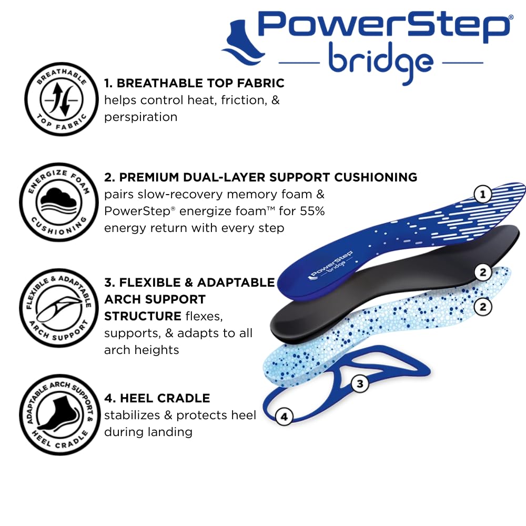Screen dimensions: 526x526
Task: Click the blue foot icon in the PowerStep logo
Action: (242, 43)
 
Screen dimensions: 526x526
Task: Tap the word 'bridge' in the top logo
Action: (380, 63)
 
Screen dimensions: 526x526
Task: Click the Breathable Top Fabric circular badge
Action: (62, 99)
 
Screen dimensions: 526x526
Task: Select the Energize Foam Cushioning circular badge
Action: (59, 203)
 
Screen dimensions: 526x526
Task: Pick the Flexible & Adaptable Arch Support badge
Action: (59, 308)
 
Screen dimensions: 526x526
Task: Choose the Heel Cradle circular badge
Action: (60, 414)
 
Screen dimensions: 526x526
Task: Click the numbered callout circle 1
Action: (483, 194)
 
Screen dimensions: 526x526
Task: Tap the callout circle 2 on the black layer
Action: (483, 272)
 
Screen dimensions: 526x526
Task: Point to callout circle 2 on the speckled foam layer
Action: (483, 307)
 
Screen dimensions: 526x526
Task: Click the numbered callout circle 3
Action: (360, 383)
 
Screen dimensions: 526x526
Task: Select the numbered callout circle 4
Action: (284, 417)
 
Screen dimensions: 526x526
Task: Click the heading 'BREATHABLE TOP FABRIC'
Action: (200, 83)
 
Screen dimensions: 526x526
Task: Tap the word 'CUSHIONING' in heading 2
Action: (376, 177)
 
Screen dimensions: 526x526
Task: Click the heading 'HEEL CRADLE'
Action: (165, 398)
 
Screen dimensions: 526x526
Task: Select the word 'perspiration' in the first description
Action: (140, 117)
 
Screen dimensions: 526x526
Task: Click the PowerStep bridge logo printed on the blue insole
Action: (330, 265)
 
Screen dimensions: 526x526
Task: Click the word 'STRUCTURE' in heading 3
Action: (143, 316)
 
